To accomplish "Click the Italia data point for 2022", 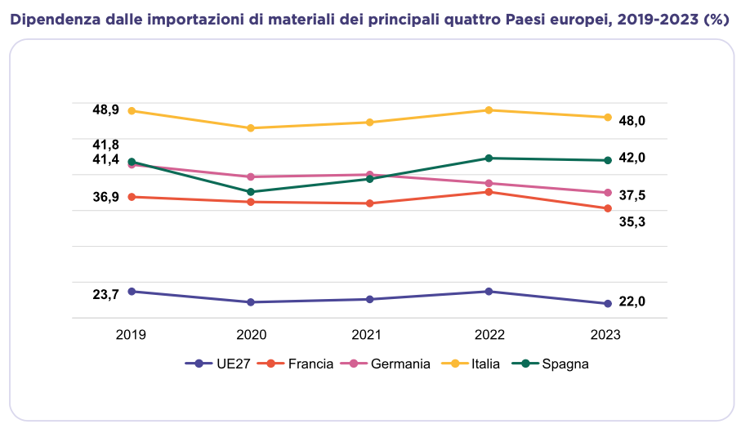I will (489, 110).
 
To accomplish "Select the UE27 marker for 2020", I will (251, 302).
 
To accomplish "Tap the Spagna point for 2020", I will (251, 192).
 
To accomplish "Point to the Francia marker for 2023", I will (607, 208).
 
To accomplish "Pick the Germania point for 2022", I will (489, 183).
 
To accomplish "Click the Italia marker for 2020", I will (251, 128).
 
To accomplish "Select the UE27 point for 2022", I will (489, 292).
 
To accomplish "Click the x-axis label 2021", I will (369, 335).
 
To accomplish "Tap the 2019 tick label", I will (132, 335).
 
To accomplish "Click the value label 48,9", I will (106, 109).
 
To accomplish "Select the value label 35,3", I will (632, 221).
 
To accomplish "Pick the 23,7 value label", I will (106, 294).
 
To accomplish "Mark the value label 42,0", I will (632, 158).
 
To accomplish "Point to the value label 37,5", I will (632, 195).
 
